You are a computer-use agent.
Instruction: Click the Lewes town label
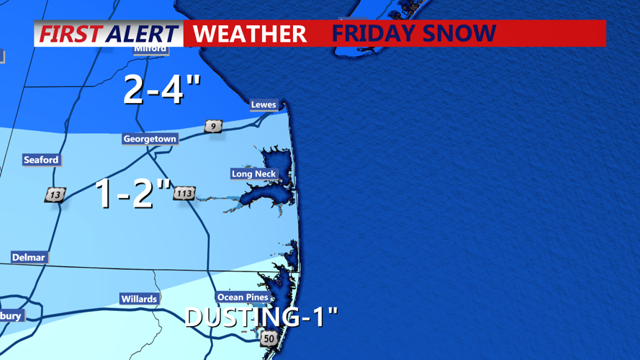pyautogui.click(x=263, y=105)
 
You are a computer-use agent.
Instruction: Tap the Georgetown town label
pyautogui.click(x=150, y=139)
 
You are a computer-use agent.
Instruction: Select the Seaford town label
pyautogui.click(x=41, y=160)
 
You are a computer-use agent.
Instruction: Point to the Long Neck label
pyautogui.click(x=254, y=174)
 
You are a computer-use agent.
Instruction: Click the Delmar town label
pyautogui.click(x=29, y=258)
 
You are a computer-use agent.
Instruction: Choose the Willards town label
pyautogui.click(x=139, y=299)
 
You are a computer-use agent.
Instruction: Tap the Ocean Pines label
pyautogui.click(x=243, y=297)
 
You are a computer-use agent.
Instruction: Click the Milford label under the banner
pyautogui.click(x=150, y=49)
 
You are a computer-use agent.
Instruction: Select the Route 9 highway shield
pyautogui.click(x=213, y=127)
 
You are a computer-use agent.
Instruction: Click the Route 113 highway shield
pyautogui.click(x=184, y=193)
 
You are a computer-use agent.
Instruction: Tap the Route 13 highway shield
pyautogui.click(x=55, y=194)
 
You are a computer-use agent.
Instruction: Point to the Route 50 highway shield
pyautogui.click(x=269, y=338)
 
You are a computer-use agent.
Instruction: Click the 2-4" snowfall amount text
pyautogui.click(x=161, y=89)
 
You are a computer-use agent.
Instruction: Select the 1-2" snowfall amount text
pyautogui.click(x=134, y=193)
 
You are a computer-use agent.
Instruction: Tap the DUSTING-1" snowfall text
pyautogui.click(x=261, y=317)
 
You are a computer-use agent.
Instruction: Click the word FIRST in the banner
pyautogui.click(x=70, y=34)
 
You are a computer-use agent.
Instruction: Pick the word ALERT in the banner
pyautogui.click(x=142, y=34)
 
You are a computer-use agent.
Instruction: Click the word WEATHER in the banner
pyautogui.click(x=250, y=34)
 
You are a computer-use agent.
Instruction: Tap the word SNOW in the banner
pyautogui.click(x=465, y=34)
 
